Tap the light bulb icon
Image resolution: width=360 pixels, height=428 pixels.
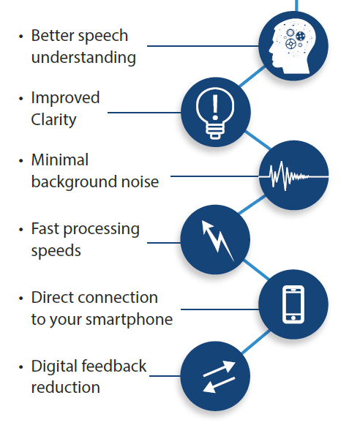coord(215,113)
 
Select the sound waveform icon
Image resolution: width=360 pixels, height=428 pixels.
coord(293,176)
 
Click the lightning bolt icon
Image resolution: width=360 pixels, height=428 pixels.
coord(217,240)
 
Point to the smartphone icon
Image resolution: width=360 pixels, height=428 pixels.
coord(293,304)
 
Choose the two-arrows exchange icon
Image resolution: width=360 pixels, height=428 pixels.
coord(220,377)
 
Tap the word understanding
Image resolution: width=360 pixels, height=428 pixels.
coord(83,58)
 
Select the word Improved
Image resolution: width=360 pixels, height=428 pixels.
coord(66,98)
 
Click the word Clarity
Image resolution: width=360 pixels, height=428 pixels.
coord(53,120)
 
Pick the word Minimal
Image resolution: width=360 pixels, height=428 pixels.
coord(60,159)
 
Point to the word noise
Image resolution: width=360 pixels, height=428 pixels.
coord(140,181)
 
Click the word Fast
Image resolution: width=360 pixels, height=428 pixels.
coord(45,228)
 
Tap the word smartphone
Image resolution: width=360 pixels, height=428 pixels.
coord(129,320)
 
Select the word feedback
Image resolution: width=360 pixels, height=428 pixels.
coord(114,366)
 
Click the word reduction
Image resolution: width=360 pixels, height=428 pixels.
coord(66,388)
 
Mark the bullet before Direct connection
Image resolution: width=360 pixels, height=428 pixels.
coord(21,299)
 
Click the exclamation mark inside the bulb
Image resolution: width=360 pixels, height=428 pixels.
coord(215,108)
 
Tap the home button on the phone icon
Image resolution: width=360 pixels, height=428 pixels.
coord(293,318)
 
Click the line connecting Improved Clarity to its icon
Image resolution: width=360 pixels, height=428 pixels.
coord(144,112)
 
